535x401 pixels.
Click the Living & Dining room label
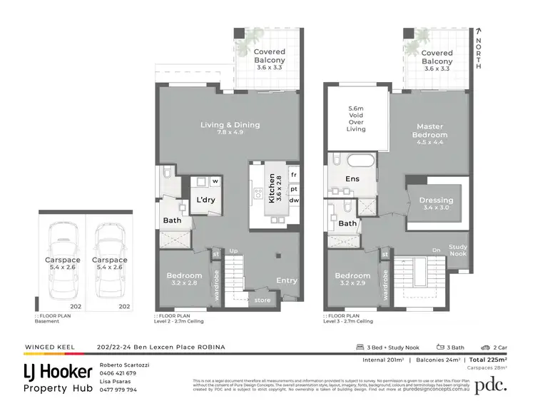click(229, 125)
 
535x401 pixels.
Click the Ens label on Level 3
click(352, 179)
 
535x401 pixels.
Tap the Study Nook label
click(458, 250)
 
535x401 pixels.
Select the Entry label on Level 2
click(287, 280)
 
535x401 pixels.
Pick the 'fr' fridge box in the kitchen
click(293, 174)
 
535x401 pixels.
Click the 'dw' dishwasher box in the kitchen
click(293, 200)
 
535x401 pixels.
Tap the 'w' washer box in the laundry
click(213, 181)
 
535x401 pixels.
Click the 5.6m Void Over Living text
click(355, 119)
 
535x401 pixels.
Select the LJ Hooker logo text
click(58, 371)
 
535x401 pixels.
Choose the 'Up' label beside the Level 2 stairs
click(233, 251)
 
